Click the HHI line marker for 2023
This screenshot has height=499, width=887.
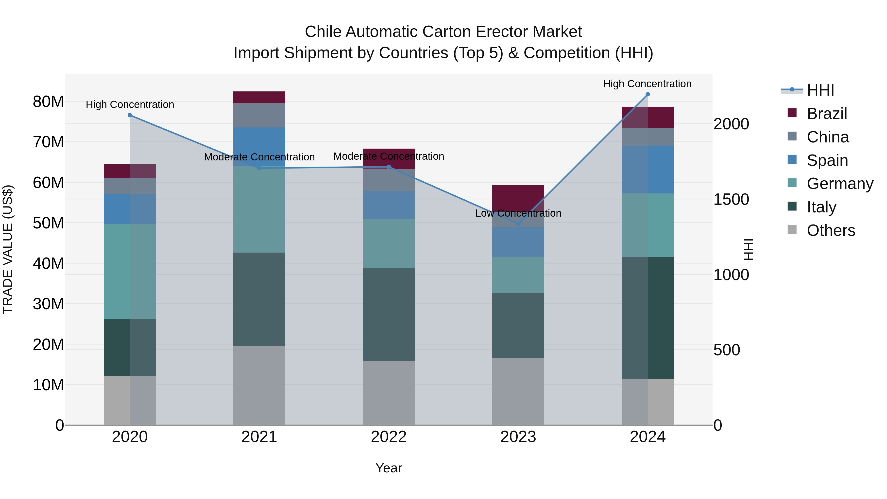pos(518,224)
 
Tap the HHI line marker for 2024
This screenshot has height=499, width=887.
pos(647,94)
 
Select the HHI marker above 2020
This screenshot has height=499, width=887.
pos(130,115)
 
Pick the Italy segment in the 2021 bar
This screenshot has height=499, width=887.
pos(259,299)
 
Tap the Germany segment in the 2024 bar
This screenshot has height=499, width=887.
pos(647,225)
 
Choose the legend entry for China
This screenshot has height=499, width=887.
pos(827,137)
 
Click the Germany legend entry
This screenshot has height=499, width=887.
pos(839,184)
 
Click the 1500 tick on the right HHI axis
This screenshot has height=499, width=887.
pos(731,199)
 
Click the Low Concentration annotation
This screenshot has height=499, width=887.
pos(518,213)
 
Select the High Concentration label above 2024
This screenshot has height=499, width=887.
pos(647,84)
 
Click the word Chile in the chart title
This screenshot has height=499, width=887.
pos(323,32)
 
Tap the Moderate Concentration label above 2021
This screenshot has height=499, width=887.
pos(259,157)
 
